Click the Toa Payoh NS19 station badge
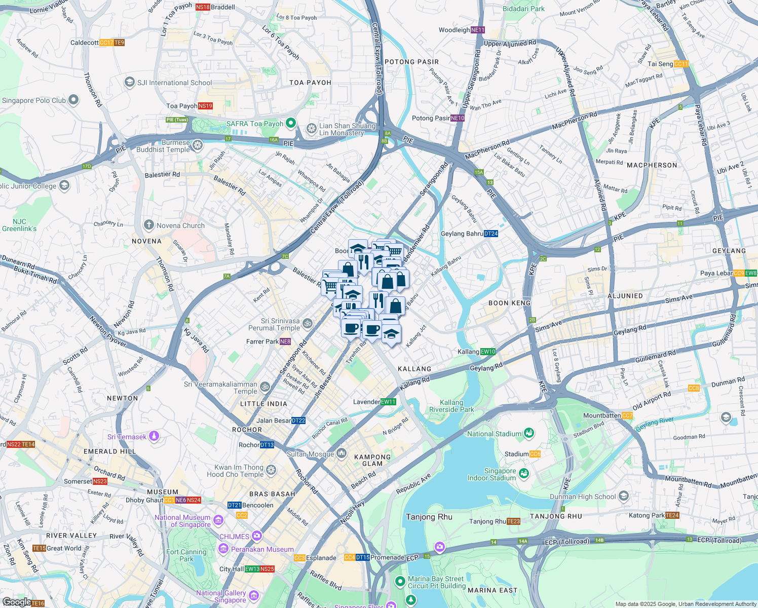point(205,106)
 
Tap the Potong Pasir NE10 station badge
point(457,118)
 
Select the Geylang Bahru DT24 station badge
point(490,234)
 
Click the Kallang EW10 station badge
point(487,352)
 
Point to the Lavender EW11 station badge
point(388,402)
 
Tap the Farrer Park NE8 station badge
point(285,341)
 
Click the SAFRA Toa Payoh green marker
point(290,123)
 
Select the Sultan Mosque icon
point(342,453)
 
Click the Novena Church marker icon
point(148,225)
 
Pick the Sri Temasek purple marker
point(154,436)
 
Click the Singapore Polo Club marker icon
point(73,100)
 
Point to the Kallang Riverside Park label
point(451,406)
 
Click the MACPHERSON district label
point(652,165)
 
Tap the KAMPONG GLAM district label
point(372,460)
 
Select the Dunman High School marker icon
point(623,496)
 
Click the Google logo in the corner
point(16,601)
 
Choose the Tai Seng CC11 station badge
point(681,64)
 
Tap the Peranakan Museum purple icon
point(223,549)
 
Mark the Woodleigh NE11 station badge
point(478,30)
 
